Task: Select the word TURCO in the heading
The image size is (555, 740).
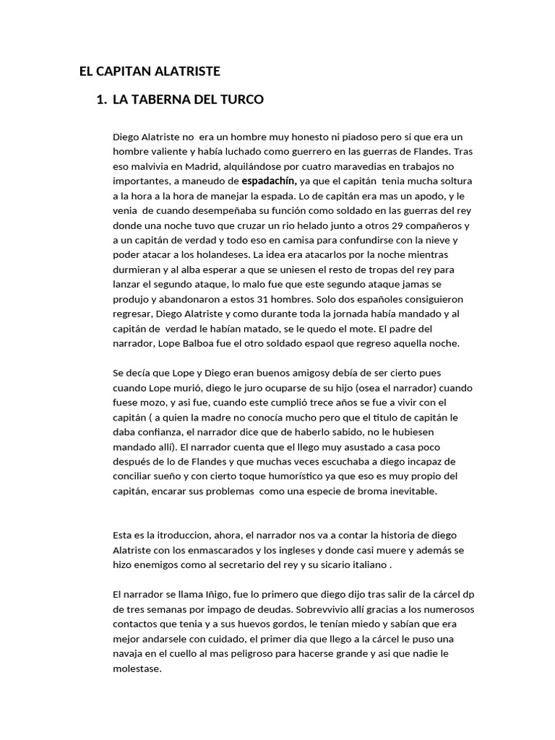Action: click(244, 100)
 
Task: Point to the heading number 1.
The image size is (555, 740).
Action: click(100, 100)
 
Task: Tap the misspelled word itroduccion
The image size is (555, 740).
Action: click(170, 534)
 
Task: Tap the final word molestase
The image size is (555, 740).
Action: click(137, 668)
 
